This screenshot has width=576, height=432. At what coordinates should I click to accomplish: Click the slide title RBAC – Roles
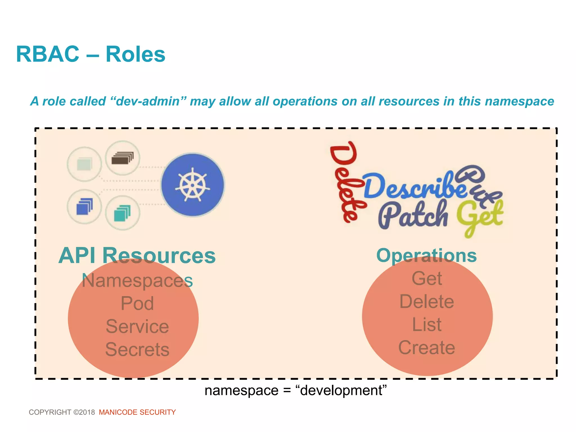tap(91, 54)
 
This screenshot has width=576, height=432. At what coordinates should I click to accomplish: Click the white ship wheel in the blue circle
tap(193, 185)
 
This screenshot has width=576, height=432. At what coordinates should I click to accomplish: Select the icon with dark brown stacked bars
tap(122, 158)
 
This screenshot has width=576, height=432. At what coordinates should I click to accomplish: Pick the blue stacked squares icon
tap(84, 206)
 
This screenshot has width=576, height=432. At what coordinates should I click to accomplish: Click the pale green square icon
tap(84, 164)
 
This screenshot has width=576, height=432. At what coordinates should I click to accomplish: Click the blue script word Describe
tap(413, 186)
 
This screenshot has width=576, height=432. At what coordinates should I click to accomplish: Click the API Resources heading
tap(137, 255)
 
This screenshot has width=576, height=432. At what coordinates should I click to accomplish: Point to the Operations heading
tap(426, 255)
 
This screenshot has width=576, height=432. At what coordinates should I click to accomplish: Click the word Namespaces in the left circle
tap(137, 280)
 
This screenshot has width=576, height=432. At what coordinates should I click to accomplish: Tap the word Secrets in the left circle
tap(137, 349)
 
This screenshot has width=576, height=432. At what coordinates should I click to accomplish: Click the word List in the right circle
tap(427, 325)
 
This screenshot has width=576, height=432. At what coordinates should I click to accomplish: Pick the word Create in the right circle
tap(427, 348)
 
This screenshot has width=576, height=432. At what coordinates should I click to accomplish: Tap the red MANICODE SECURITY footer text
tap(137, 412)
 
